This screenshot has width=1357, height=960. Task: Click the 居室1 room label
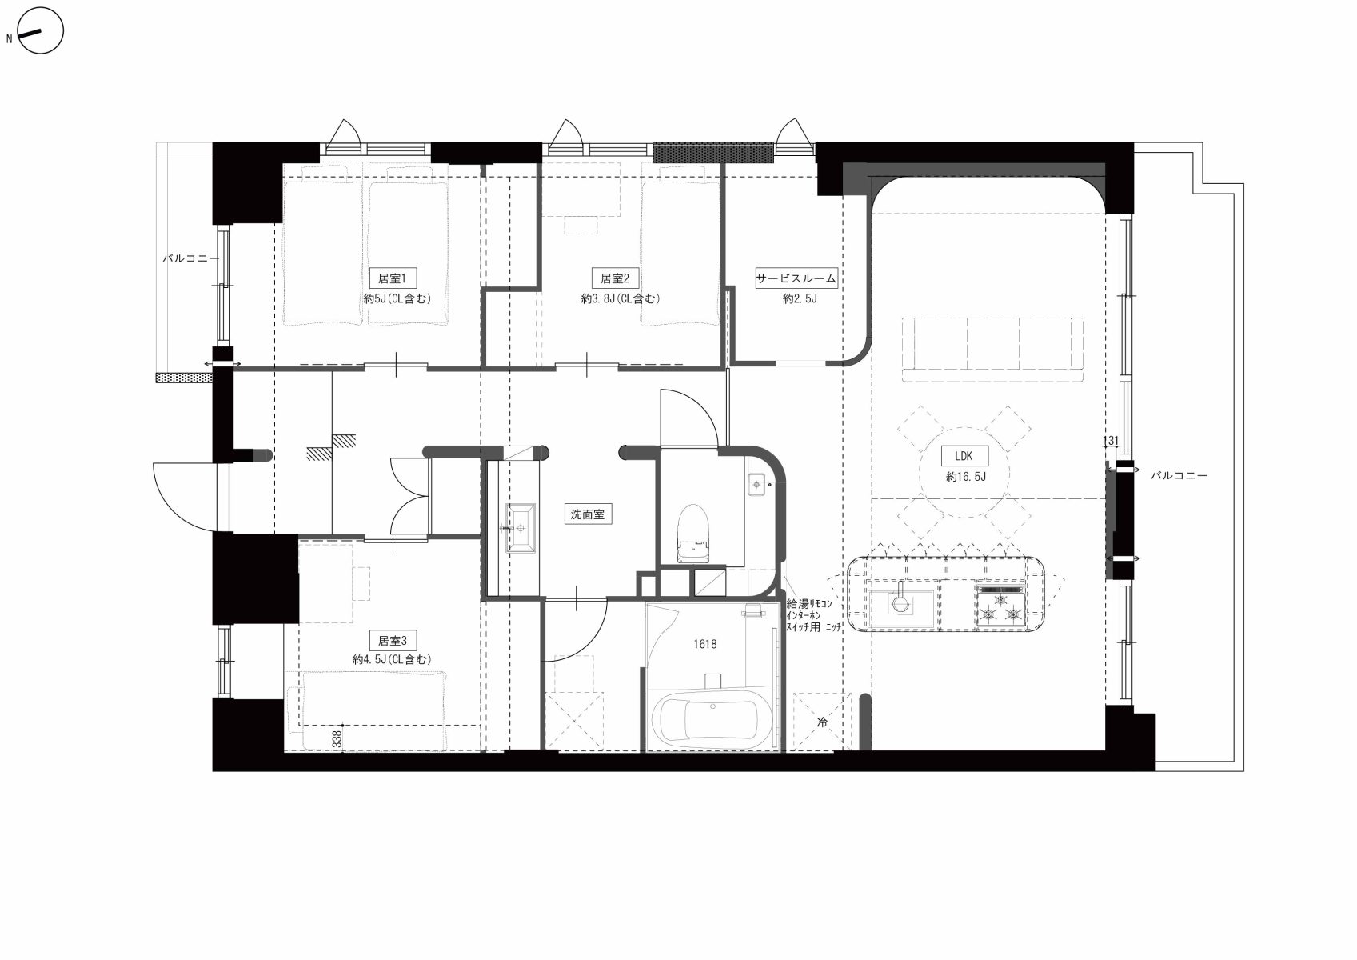pos(392,278)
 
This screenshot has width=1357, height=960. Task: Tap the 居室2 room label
pos(614,278)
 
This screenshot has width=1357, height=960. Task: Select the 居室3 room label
pos(392,640)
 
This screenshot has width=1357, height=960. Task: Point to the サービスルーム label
pos(796,278)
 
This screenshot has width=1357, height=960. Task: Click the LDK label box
pos(963,456)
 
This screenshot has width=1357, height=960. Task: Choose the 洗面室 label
pos(588,514)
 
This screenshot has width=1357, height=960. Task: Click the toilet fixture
pos(693,534)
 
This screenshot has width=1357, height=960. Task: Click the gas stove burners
pos(1000,606)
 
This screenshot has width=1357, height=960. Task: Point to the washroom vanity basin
pos(521,528)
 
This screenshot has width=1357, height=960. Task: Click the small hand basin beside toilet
pos(758,484)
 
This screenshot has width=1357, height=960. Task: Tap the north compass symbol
pos(40,30)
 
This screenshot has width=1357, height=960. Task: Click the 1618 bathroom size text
pos(705,644)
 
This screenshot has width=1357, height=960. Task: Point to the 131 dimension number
pos(1111,441)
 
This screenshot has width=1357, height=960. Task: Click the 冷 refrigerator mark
pos(822,722)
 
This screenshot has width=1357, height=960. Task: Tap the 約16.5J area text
pos(966,477)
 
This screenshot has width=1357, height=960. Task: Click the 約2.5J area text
pos(800,298)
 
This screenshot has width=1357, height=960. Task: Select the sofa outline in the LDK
pos(992,349)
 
